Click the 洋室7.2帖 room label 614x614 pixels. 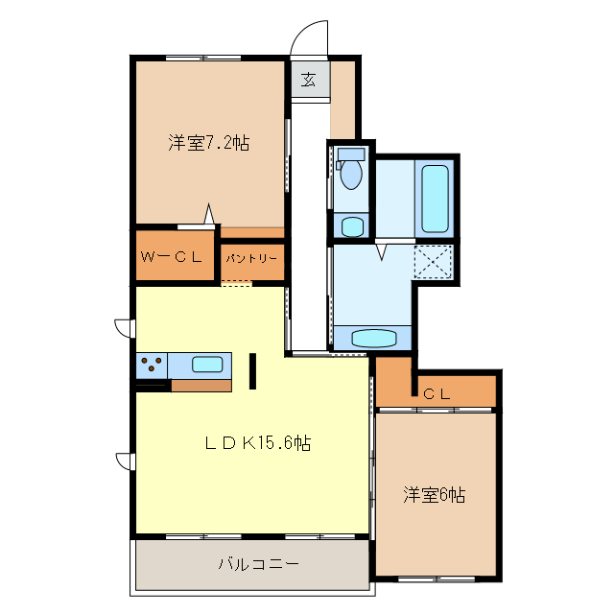pos(209,144)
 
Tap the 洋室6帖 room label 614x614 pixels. pos(434,495)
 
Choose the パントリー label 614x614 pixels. pos(251,258)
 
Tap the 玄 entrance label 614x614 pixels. pos(309,79)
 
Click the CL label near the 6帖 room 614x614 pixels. pos(437,392)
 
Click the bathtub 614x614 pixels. pos(435,199)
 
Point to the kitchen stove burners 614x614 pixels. pos(152,366)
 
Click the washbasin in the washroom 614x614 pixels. pos(373,338)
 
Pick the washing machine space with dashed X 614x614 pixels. pos(434,262)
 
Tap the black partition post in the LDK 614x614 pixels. pos(252,370)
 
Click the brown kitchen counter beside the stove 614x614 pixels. pos(201,386)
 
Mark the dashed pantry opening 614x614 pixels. pos(236,283)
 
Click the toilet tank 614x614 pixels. pos(351,153)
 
